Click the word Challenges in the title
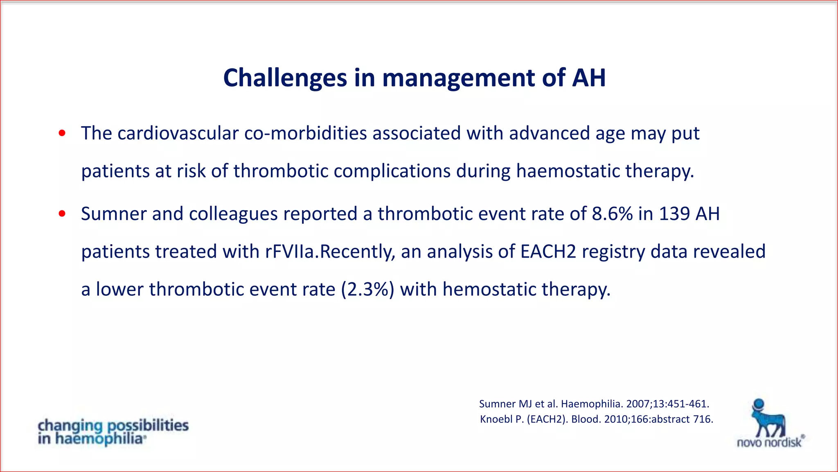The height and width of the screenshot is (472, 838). pyautogui.click(x=285, y=78)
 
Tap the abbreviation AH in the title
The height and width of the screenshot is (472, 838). pyautogui.click(x=588, y=78)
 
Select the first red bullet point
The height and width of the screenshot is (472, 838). pyautogui.click(x=62, y=133)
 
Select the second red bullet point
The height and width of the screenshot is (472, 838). pyautogui.click(x=62, y=213)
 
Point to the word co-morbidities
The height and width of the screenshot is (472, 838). pyautogui.click(x=305, y=134)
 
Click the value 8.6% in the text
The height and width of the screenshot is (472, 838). pyautogui.click(x=612, y=214)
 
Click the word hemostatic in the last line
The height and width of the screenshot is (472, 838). pyautogui.click(x=489, y=289)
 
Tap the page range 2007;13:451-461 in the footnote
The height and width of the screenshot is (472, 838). pyautogui.click(x=667, y=404)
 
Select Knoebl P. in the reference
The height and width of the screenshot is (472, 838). pyautogui.click(x=502, y=420)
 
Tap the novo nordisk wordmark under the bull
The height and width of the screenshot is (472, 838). pyautogui.click(x=769, y=442)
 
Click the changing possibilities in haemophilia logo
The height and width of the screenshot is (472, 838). pyautogui.click(x=113, y=432)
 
